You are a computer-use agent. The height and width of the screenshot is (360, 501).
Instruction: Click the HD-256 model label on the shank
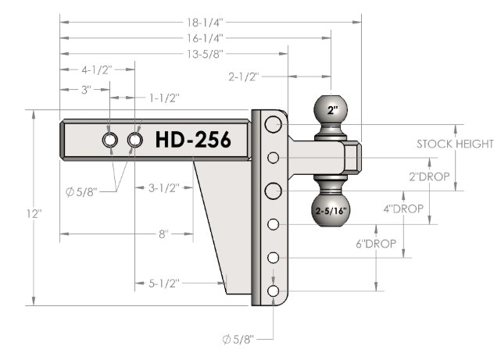(x=193, y=140)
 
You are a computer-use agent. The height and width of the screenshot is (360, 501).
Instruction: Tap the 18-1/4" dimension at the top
(x=205, y=23)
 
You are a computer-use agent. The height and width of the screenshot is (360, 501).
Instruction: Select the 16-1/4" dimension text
(x=205, y=38)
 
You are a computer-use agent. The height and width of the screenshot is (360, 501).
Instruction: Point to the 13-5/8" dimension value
(x=205, y=54)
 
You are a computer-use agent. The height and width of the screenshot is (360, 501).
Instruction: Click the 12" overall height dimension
(x=34, y=214)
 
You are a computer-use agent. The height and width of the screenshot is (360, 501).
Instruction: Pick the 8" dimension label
(x=163, y=234)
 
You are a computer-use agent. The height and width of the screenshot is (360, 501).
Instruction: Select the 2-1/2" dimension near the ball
(x=244, y=77)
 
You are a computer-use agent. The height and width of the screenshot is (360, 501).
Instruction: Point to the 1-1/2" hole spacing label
(x=164, y=98)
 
